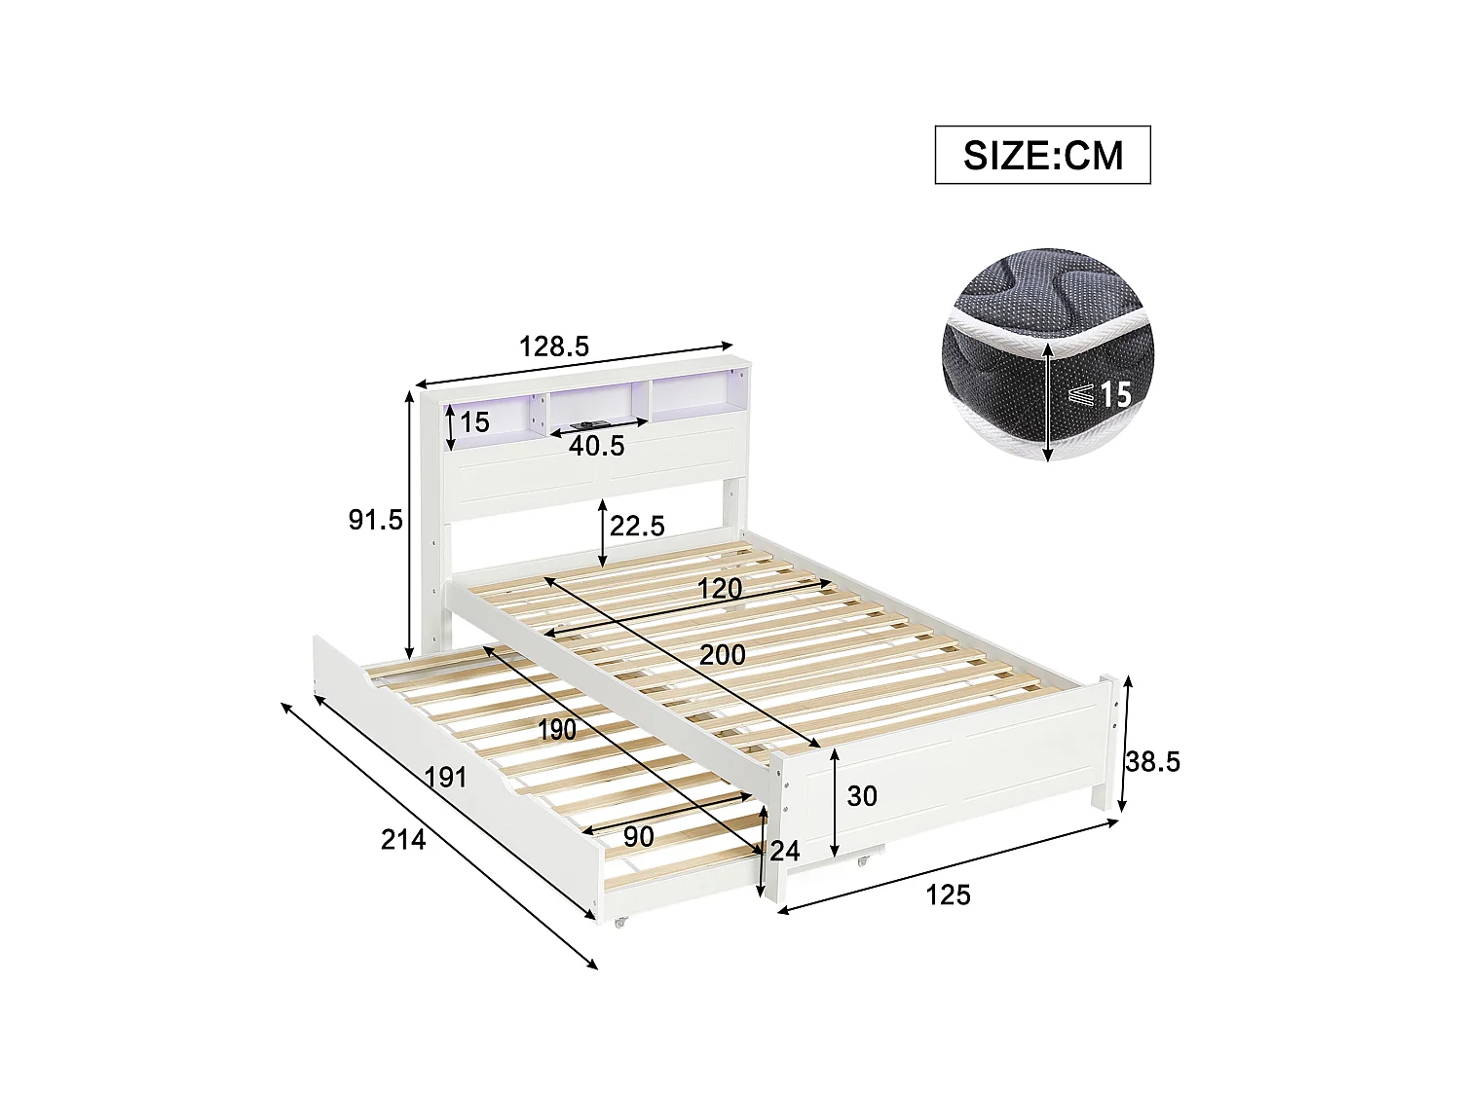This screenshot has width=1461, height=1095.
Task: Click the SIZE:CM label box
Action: click(x=1042, y=155)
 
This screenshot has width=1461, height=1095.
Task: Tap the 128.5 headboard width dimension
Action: click(x=554, y=347)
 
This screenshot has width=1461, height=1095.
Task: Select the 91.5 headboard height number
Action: click(x=376, y=521)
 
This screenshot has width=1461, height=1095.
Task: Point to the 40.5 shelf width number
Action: click(x=596, y=446)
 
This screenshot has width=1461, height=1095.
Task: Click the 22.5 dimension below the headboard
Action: click(x=637, y=526)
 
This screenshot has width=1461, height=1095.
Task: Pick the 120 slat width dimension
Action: click(x=720, y=589)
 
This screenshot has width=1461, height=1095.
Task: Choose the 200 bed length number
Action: click(x=722, y=655)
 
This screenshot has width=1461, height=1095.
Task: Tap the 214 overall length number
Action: click(x=403, y=839)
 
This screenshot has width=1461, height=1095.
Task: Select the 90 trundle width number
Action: click(x=639, y=836)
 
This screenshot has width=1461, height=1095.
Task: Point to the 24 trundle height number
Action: click(x=784, y=852)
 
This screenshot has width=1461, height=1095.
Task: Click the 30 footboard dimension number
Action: click(x=862, y=797)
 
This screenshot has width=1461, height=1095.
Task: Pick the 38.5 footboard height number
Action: click(x=1153, y=761)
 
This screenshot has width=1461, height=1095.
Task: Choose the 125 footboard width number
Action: click(x=948, y=894)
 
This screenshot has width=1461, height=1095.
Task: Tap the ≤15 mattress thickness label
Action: click(x=1100, y=395)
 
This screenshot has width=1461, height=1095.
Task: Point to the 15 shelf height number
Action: click(x=475, y=422)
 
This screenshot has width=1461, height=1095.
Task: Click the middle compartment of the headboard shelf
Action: click(x=594, y=411)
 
